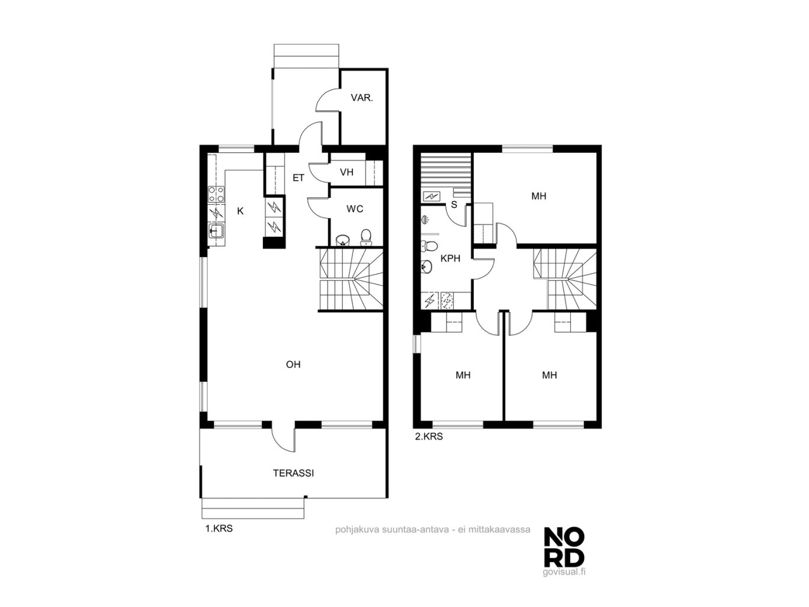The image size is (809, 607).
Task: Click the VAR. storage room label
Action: (x=361, y=98)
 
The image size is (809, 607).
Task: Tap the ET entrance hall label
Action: (x=298, y=178)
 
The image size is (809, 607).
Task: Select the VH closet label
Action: (x=346, y=172)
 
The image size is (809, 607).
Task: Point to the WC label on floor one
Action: (x=355, y=209)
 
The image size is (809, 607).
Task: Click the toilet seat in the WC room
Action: (x=365, y=237)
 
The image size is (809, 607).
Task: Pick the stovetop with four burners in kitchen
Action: (x=216, y=194)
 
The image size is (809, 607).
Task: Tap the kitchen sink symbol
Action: (x=216, y=231)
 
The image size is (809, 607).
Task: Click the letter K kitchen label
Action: (x=240, y=211)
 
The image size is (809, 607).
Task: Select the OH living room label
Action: (x=293, y=364)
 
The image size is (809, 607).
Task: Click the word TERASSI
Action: (x=293, y=473)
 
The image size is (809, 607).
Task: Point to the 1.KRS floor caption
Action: (x=219, y=528)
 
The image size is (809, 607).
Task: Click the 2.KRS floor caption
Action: (x=429, y=436)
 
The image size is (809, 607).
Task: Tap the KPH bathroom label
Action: (x=450, y=258)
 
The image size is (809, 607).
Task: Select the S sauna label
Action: (x=454, y=204)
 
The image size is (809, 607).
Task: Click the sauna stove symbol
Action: (x=431, y=196)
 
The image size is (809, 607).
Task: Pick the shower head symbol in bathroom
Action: (x=425, y=220)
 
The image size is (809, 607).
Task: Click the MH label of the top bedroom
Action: (x=538, y=196)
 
